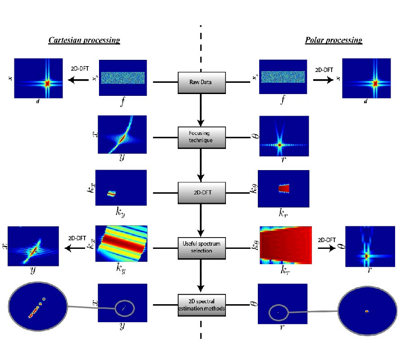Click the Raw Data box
pos(201,82)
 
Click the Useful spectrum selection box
pos(201,247)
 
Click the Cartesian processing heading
pos(84,40)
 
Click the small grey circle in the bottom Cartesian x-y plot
pos(124,308)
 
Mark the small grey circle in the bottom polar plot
pos(279,312)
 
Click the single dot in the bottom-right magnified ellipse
pos(367,311)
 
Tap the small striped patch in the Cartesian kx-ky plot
pos(112,193)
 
